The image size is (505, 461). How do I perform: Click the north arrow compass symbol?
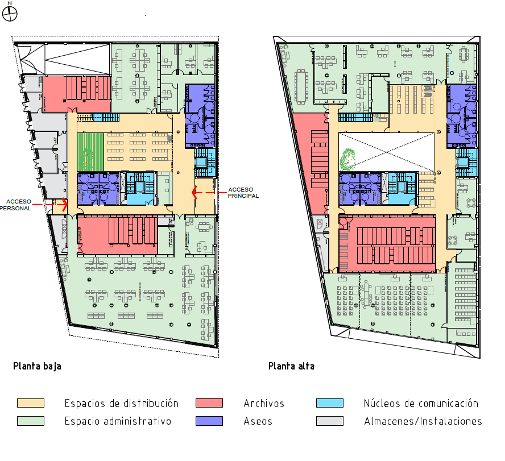(x=9, y=14)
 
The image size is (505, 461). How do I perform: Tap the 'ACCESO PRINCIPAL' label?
(x=243, y=193)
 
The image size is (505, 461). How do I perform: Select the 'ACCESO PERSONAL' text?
(x=15, y=205)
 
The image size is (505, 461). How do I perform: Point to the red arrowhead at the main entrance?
(x=194, y=193)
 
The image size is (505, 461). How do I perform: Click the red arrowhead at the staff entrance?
(x=65, y=205)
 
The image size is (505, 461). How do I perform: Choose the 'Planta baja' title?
(x=37, y=366)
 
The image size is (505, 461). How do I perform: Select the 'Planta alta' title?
(x=291, y=366)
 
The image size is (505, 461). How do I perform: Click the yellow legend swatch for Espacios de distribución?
(x=31, y=403)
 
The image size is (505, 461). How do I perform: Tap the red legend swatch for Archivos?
(x=209, y=403)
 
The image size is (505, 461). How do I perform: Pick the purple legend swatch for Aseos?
(x=209, y=421)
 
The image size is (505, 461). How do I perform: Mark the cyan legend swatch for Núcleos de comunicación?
(x=330, y=403)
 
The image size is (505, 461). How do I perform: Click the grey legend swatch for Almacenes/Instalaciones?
(x=330, y=421)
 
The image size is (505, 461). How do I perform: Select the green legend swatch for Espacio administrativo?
(x=31, y=421)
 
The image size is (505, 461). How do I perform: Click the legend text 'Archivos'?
(x=264, y=404)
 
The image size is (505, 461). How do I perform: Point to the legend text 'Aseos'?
(x=258, y=421)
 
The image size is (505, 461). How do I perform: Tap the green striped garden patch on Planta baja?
(x=90, y=152)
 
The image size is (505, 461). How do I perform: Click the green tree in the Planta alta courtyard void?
(x=347, y=159)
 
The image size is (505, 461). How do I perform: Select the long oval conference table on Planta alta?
(x=301, y=87)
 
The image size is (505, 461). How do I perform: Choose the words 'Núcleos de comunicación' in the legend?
(x=421, y=404)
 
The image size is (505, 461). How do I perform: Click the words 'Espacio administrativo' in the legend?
(x=118, y=421)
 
